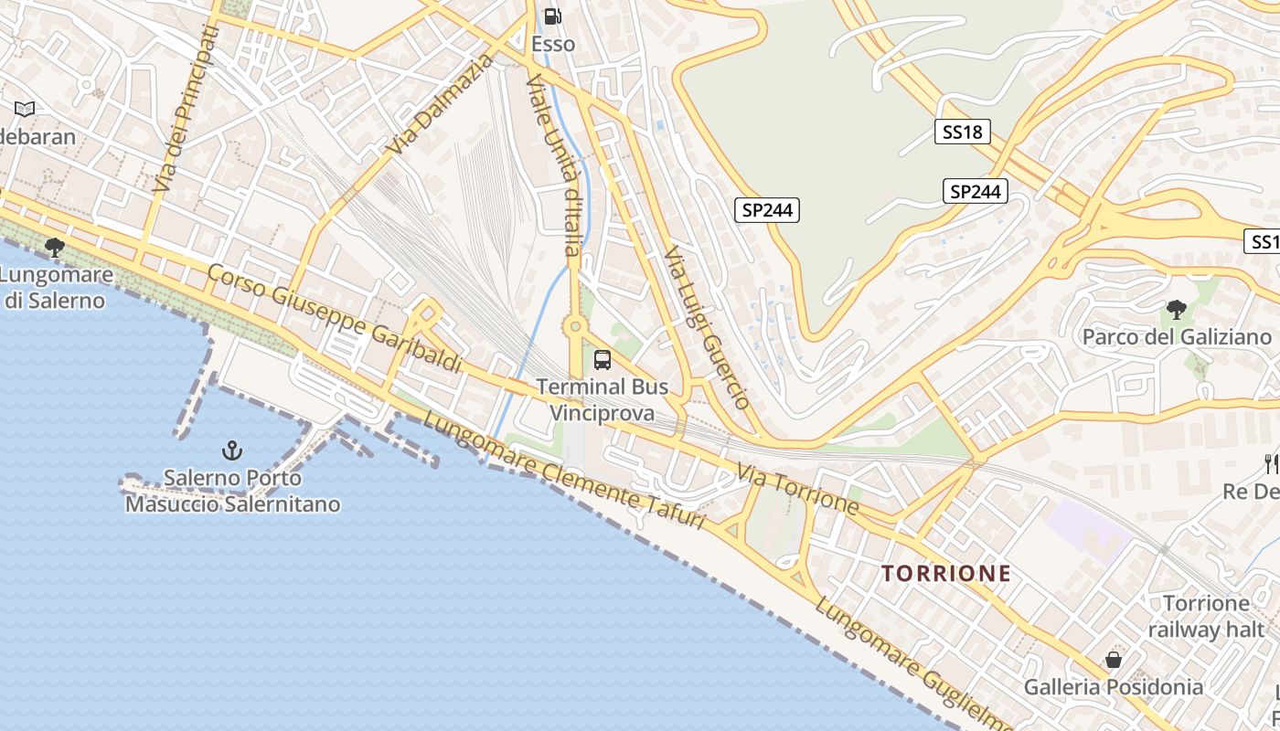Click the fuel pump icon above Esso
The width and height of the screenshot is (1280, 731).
click(x=552, y=16)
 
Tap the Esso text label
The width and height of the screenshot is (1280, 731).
click(x=553, y=44)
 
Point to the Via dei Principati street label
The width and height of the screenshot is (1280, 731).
click(x=186, y=108)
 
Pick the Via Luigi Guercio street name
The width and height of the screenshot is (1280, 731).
click(x=707, y=327)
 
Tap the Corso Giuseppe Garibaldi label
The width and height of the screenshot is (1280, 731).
click(x=335, y=318)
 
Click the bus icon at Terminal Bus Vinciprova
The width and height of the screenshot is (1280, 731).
click(x=602, y=360)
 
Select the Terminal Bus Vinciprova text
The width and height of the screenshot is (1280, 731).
click(x=603, y=399)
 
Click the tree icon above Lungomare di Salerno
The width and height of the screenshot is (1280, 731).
click(x=55, y=246)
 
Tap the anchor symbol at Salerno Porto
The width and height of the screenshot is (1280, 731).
click(x=232, y=450)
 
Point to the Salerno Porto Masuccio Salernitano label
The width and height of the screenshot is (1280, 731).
click(x=232, y=491)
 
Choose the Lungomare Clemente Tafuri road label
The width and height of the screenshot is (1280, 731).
click(x=564, y=472)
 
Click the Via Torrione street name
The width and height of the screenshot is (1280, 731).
click(x=797, y=490)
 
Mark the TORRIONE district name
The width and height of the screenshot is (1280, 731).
click(x=946, y=574)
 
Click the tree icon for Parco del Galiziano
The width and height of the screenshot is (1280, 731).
click(x=1176, y=310)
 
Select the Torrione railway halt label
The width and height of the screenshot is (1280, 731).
click(x=1206, y=616)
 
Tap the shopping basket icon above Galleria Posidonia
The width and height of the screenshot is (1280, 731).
click(x=1113, y=659)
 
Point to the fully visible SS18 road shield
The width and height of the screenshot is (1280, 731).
click(x=962, y=132)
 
